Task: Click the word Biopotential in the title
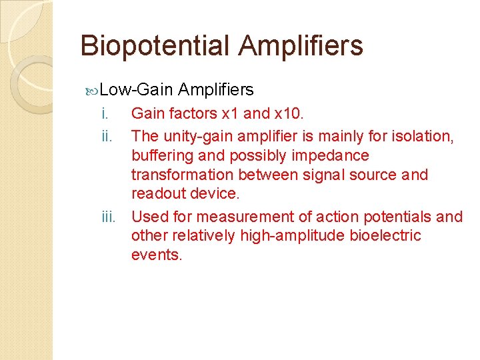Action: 155,46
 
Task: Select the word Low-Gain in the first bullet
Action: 137,90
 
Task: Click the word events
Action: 156,255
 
